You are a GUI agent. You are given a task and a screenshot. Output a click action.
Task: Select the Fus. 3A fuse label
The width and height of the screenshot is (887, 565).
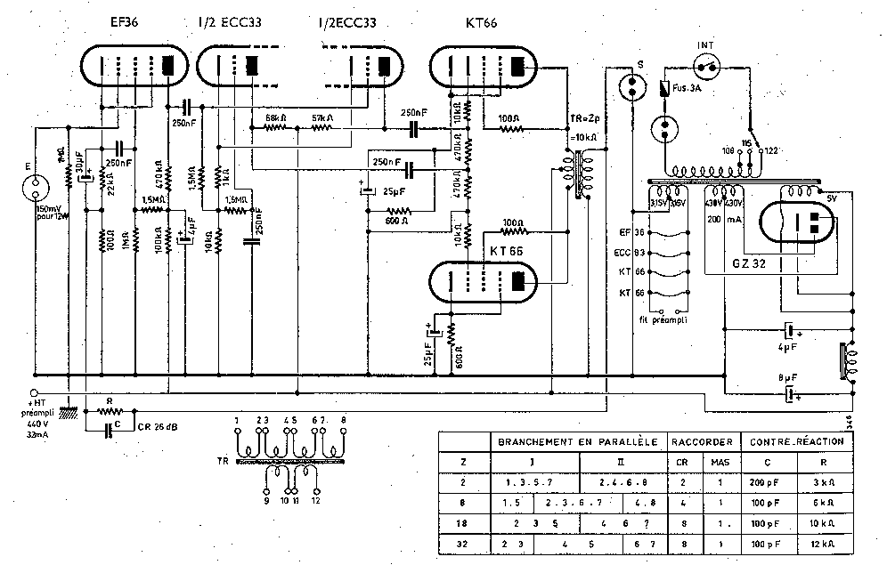pos(688,86)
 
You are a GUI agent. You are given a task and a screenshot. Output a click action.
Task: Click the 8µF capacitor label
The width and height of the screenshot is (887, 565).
pos(788,377)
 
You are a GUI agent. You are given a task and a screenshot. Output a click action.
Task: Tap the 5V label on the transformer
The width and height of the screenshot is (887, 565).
pos(832,198)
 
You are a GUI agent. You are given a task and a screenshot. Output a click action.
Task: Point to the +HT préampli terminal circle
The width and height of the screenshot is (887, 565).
pos(34,392)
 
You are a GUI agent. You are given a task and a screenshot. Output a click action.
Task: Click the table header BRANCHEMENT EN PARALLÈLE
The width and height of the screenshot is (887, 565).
pos(577,440)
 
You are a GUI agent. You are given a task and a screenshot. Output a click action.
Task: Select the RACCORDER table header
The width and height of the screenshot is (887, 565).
pos(703,440)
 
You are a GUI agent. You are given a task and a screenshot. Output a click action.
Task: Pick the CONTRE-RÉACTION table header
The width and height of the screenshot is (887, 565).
pos(791,440)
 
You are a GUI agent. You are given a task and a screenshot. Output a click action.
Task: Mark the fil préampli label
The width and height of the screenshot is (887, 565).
pos(661,318)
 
